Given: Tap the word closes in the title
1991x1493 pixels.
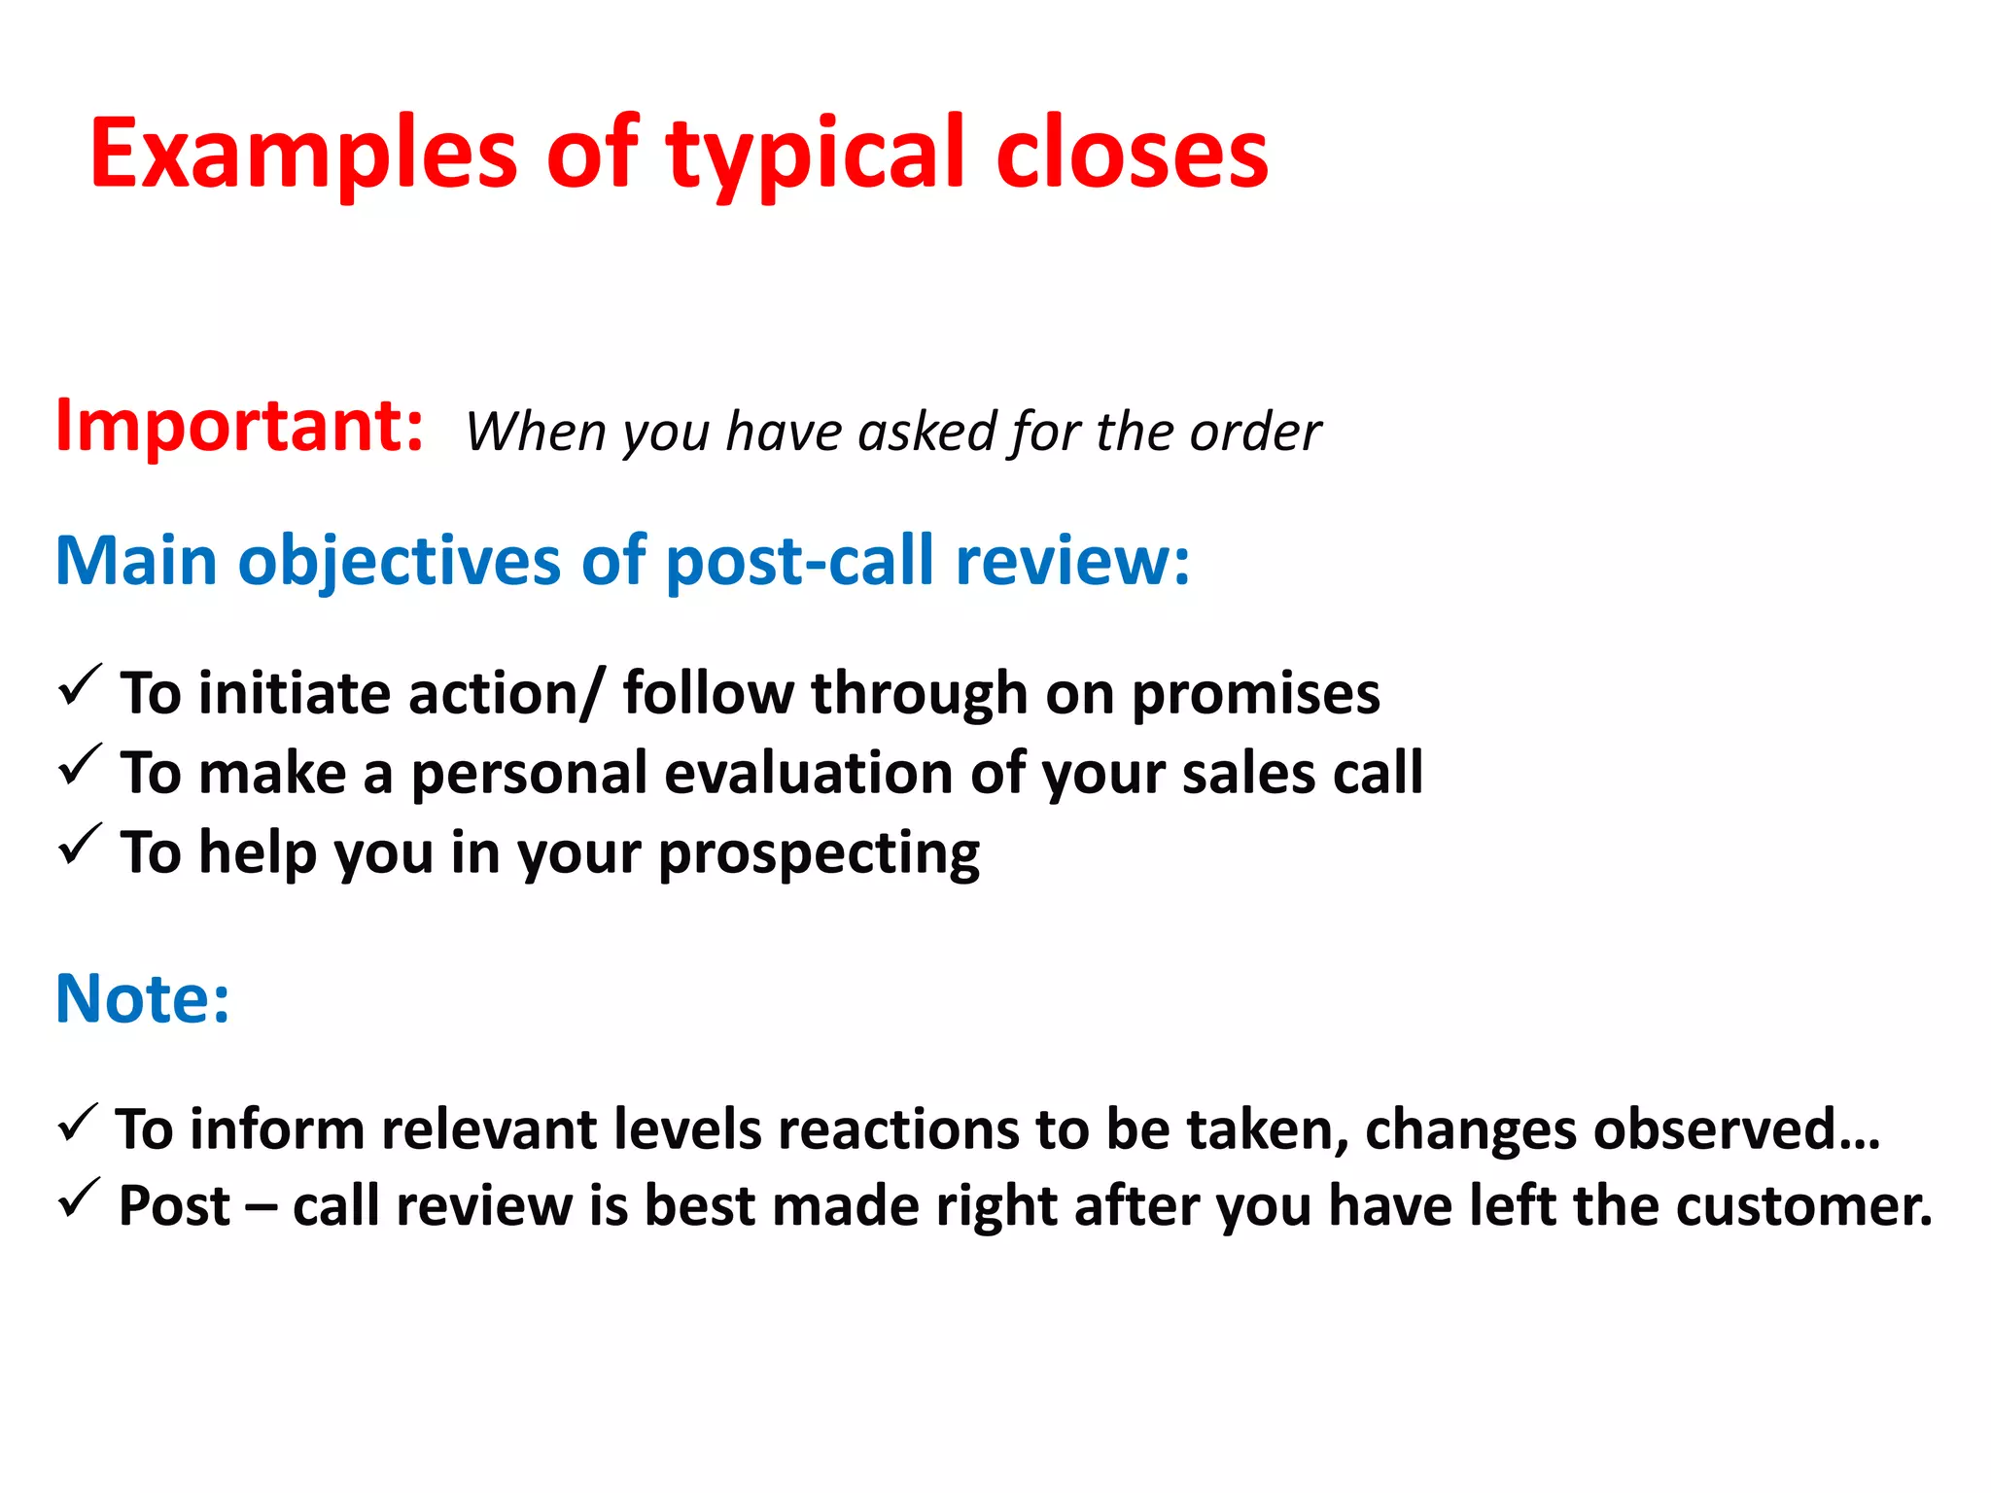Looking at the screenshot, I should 1132,154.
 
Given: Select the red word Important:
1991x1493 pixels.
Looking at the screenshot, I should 239,426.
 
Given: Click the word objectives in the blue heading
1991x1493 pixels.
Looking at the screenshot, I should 400,561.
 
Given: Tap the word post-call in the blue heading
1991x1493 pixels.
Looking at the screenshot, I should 800,561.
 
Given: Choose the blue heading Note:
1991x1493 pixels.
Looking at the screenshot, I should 143,998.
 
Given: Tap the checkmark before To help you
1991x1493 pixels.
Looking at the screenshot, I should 80,845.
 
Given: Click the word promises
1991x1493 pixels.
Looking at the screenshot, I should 1255,695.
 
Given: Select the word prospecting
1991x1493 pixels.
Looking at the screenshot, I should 819,854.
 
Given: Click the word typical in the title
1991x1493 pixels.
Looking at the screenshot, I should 816,154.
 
